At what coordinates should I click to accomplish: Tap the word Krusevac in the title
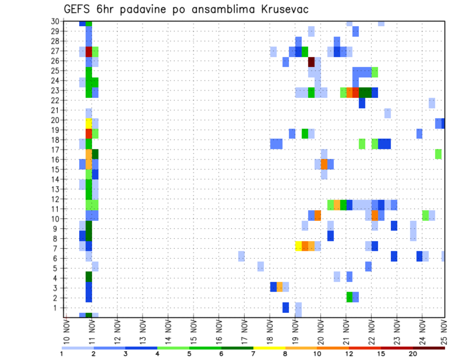(x=284, y=10)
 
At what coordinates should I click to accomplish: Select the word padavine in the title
(x=147, y=10)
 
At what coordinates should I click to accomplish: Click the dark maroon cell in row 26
(x=312, y=62)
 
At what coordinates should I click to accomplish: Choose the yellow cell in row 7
(x=299, y=246)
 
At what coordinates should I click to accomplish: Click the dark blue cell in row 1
(x=286, y=308)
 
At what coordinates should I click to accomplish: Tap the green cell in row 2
(x=349, y=296)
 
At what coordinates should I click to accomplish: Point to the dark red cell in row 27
(x=89, y=51)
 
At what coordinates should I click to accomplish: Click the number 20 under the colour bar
(x=413, y=354)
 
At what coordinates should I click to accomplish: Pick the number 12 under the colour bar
(x=349, y=354)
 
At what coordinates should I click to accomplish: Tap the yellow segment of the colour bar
(x=269, y=348)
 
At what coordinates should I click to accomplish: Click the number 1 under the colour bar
(x=62, y=354)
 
